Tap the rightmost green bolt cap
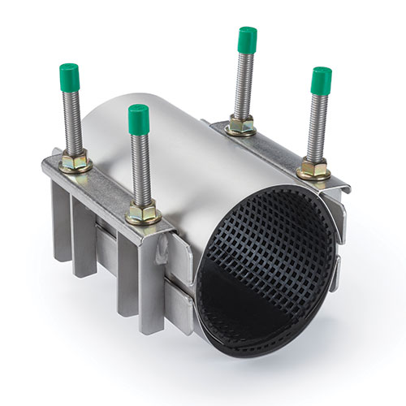pos(322,79)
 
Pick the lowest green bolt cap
pos(139,119)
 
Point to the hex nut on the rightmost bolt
pos(313,171)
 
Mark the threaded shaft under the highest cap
pos(244,85)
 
